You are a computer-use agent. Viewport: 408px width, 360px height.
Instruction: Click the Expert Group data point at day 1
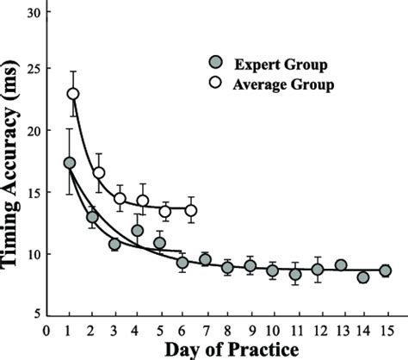[x=70, y=163]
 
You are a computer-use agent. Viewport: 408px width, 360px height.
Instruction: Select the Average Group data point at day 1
[x=73, y=94]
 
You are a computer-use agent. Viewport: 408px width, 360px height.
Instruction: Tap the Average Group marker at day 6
[x=190, y=210]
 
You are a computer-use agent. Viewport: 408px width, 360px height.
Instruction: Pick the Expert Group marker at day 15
[x=385, y=270]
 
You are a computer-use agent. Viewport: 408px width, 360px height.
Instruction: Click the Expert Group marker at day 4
[x=138, y=231]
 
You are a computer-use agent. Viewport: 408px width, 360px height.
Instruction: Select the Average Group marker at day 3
[x=121, y=199]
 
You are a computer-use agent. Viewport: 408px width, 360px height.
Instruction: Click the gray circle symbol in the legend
[x=216, y=62]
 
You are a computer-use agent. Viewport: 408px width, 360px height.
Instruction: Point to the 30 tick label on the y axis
[x=30, y=13]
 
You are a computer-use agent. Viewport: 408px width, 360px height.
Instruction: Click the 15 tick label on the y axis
[x=30, y=194]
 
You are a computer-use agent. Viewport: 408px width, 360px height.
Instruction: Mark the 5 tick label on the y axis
[x=34, y=314]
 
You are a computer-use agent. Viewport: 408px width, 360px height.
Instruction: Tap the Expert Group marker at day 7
[x=205, y=260]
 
